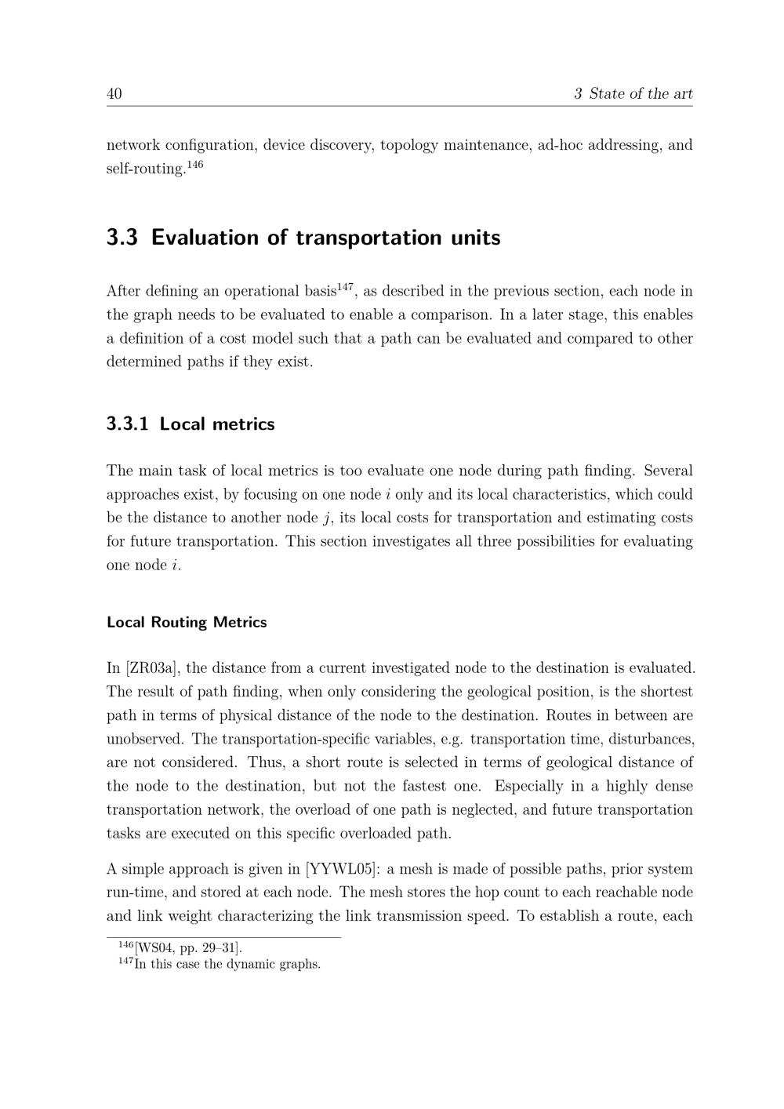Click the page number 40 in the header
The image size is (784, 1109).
[x=114, y=94]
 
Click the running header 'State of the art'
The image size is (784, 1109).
[x=641, y=94]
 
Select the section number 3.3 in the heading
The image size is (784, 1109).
[x=122, y=238]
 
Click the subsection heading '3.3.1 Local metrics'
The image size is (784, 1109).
[x=191, y=424]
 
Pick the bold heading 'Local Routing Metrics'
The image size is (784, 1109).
[x=187, y=623]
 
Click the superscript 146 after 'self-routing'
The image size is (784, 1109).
[x=195, y=165]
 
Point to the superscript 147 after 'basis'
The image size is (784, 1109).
[x=345, y=286]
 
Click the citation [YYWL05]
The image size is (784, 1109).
[x=343, y=869]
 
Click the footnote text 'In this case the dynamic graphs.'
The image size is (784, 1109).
[x=227, y=964]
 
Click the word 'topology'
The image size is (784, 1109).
[x=408, y=145]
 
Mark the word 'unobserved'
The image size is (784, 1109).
[x=147, y=739]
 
